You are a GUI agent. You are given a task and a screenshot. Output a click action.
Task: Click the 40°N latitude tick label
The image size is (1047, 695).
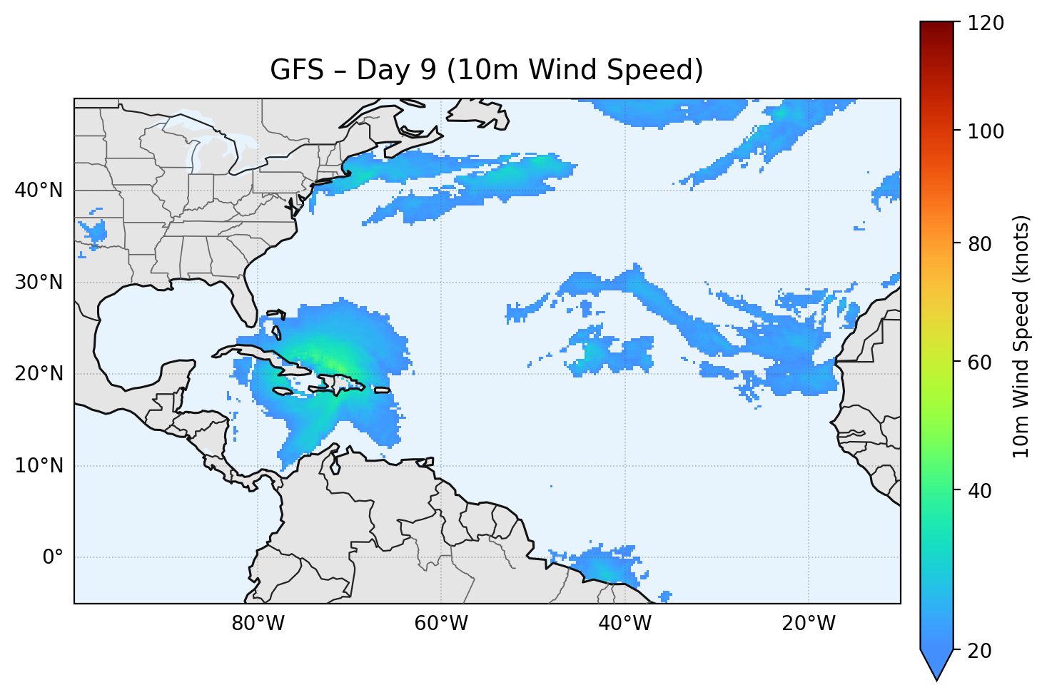point(39,191)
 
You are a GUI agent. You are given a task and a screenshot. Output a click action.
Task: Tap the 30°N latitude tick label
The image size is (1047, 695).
point(39,283)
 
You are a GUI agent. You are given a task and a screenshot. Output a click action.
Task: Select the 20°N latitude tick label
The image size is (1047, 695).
point(39,374)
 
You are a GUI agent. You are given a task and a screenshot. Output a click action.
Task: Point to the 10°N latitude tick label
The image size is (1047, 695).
point(39,466)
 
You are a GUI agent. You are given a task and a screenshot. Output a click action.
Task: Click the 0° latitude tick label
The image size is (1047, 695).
point(53,557)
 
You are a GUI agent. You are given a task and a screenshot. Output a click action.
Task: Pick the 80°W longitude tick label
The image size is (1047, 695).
point(258,624)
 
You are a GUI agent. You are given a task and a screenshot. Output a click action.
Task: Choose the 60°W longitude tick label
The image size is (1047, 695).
point(441,624)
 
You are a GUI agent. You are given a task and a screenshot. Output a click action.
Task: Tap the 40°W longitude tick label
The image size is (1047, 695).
point(624,624)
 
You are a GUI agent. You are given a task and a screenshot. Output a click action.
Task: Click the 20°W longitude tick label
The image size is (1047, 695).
point(808,624)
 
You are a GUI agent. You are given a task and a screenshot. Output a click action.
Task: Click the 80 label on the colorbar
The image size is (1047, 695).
point(981,244)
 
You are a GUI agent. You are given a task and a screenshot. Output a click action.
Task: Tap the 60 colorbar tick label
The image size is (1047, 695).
point(981,362)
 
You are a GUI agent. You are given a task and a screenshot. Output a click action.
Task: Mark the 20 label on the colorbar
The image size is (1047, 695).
point(981,651)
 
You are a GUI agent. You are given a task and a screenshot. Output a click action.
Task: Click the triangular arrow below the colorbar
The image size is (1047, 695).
point(936,665)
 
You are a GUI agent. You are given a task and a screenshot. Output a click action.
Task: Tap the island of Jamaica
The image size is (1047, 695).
point(283,391)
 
